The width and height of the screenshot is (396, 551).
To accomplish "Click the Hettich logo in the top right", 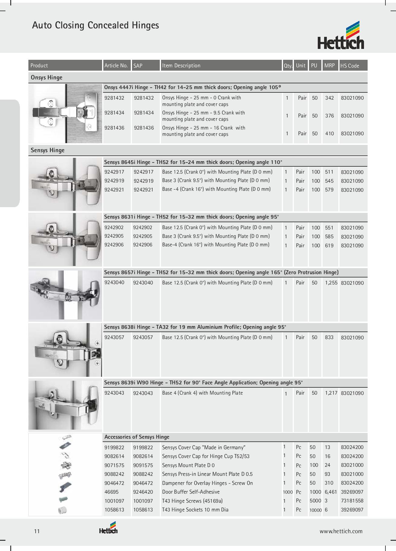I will [341, 36].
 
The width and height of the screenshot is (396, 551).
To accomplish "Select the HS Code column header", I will [349, 66].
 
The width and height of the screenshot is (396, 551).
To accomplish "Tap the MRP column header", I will [329, 66].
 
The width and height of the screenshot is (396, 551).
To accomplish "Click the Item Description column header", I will [181, 66].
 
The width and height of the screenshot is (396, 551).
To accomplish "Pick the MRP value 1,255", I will [331, 283].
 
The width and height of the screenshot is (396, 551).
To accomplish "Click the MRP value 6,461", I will [331, 492].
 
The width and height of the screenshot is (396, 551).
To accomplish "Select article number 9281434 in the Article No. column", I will [114, 113].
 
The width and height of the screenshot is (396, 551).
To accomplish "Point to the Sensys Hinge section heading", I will [47, 150].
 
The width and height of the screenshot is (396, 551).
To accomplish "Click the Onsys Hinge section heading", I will [47, 78].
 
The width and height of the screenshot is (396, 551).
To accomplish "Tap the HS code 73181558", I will [352, 501].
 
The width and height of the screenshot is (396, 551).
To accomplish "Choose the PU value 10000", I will [315, 510].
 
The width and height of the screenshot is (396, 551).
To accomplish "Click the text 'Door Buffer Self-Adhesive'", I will [191, 492].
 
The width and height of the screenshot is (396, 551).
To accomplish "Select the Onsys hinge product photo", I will [65, 113].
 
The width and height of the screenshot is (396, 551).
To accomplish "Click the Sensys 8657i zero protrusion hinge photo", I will [65, 295].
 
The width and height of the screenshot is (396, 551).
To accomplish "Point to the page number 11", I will [37, 531].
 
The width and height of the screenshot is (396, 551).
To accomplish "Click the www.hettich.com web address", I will [341, 531].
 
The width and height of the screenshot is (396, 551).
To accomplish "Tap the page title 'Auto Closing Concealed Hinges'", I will [95, 25].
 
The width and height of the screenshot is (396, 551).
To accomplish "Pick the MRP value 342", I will [329, 98].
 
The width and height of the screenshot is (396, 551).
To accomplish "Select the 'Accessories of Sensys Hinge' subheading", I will [137, 437].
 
